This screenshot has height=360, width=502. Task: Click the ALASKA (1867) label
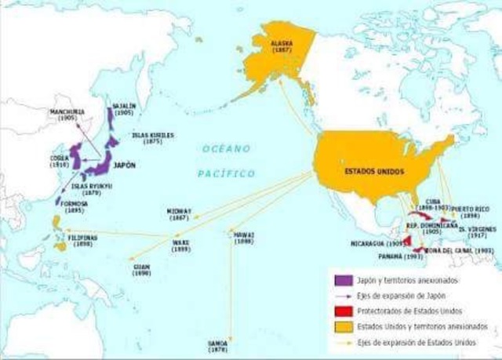pyautogui.click(x=282, y=45)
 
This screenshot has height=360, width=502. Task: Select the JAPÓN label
pyautogui.click(x=115, y=165)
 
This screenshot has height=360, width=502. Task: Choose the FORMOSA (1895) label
pyautogui.click(x=71, y=207)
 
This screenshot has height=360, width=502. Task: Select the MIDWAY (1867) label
pyautogui.click(x=182, y=216)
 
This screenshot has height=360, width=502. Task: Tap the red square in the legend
pyautogui.click(x=337, y=310)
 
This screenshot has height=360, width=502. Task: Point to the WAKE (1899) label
pyautogui.click(x=181, y=246)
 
